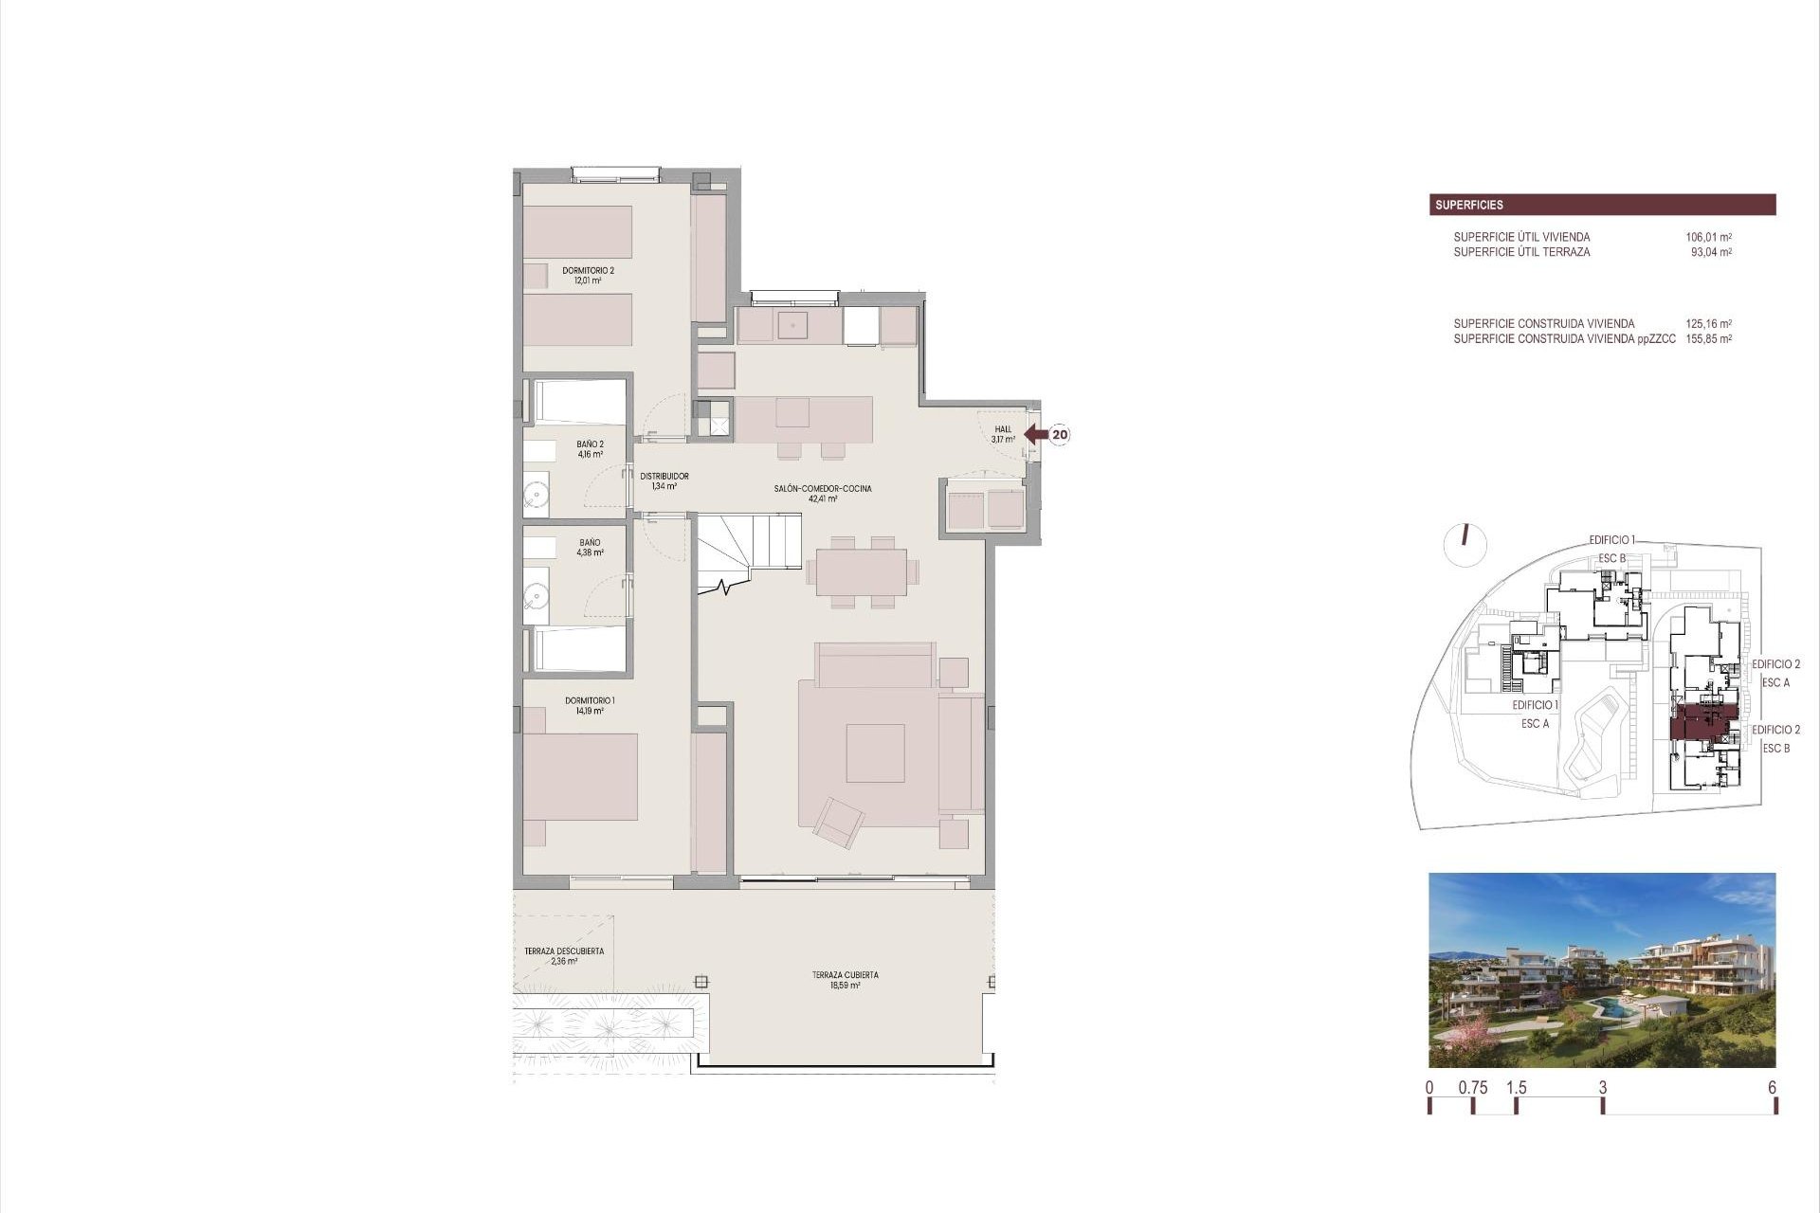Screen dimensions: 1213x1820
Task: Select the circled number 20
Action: pyautogui.click(x=1060, y=435)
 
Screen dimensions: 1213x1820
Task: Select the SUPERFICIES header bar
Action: pyautogui.click(x=1602, y=205)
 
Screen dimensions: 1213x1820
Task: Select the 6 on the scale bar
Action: pyautogui.click(x=1772, y=1088)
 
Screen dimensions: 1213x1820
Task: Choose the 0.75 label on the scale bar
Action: pyautogui.click(x=1472, y=1088)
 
